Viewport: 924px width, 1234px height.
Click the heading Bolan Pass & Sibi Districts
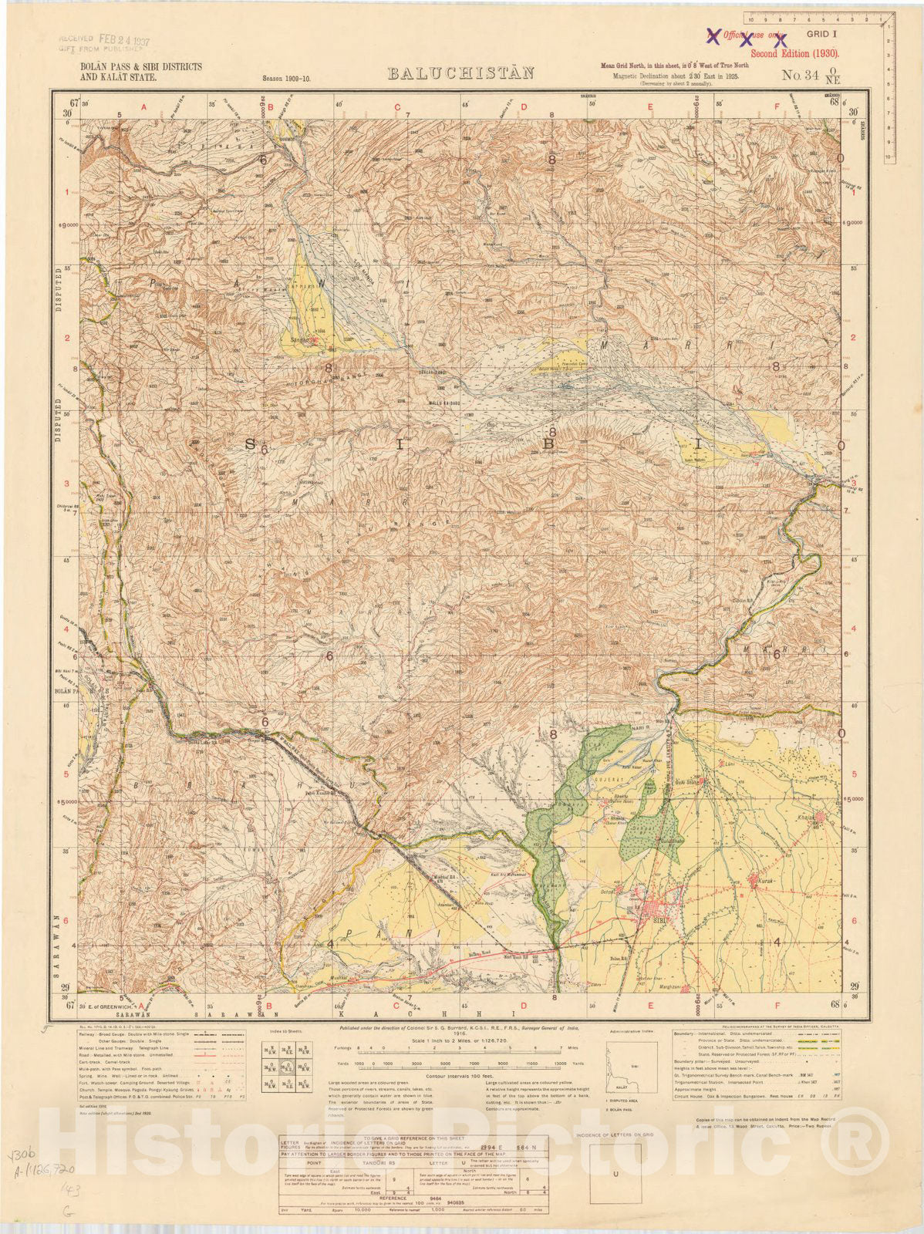click(x=141, y=67)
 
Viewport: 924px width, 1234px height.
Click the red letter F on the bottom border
click(x=777, y=1006)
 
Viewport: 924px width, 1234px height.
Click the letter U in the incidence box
click(x=615, y=1174)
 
